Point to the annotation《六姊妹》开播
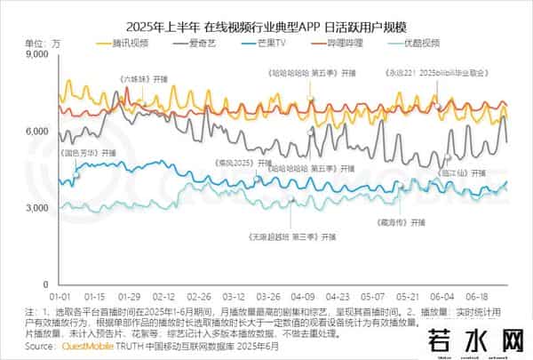click(x=144, y=79)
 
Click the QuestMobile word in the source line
click(x=88, y=347)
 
